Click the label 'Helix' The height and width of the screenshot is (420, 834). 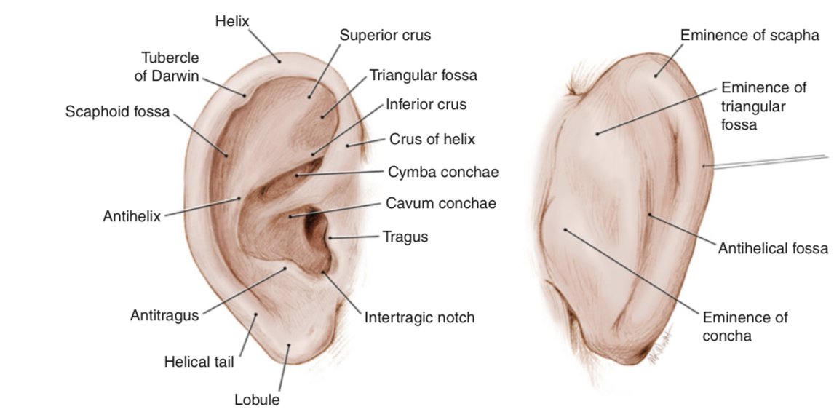tap(232, 21)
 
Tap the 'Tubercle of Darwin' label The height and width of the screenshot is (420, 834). tap(170, 67)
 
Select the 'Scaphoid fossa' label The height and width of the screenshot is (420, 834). tap(117, 112)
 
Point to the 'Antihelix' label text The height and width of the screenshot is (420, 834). tap(132, 217)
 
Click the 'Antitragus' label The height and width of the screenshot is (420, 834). tap(164, 315)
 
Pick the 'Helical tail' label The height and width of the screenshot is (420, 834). tap(199, 362)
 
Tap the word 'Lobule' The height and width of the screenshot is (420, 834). tap(256, 400)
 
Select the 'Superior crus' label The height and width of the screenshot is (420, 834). tap(386, 35)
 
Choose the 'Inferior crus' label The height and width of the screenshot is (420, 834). tap(426, 104)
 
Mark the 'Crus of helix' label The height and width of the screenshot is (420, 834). tap(432, 139)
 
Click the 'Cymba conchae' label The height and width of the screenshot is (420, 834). tap(442, 172)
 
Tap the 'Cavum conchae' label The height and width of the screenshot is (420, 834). tap(441, 203)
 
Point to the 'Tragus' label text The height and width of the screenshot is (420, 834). tap(405, 236)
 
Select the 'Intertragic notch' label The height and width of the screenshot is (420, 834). tap(419, 317)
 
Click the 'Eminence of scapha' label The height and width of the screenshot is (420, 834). tap(750, 35)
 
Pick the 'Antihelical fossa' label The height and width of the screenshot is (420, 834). tap(773, 249)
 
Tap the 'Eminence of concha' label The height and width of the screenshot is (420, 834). tap(744, 326)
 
